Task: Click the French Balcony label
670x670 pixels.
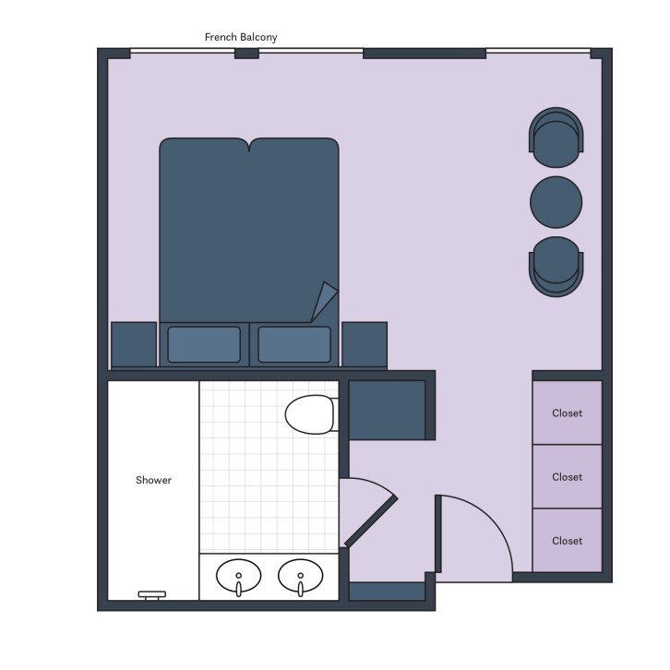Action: [241, 37]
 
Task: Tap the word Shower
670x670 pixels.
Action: [153, 480]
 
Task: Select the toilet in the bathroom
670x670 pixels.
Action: [310, 414]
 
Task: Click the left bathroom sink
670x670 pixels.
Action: [238, 578]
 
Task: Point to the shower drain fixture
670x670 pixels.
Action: [151, 595]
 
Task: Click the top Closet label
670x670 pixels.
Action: [567, 413]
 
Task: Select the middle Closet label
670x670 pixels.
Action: [567, 477]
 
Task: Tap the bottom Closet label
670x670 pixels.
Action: [567, 541]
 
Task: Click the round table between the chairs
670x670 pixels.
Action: [556, 202]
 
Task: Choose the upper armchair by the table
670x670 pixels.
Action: [556, 136]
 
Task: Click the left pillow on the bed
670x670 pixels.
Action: [204, 344]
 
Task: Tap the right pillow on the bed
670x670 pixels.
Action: [294, 344]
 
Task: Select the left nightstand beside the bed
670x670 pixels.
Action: [134, 344]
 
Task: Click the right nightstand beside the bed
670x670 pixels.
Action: [365, 344]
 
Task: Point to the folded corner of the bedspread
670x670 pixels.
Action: [324, 302]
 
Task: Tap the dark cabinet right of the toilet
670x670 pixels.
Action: [387, 410]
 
